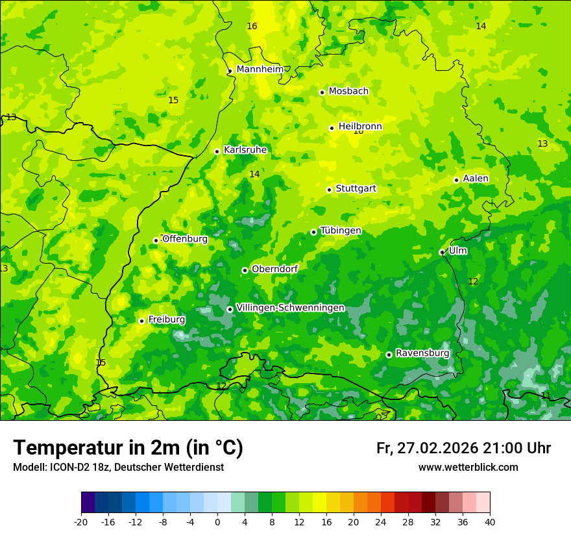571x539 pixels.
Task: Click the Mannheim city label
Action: (x=260, y=69)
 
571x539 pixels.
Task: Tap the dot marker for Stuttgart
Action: (x=329, y=190)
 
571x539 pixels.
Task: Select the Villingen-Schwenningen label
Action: (x=290, y=308)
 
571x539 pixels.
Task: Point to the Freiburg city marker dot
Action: (x=141, y=321)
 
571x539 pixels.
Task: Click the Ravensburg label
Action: (x=422, y=353)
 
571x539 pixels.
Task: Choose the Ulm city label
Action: (x=457, y=251)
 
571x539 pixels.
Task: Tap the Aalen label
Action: (x=476, y=179)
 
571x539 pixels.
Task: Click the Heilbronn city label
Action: (x=360, y=127)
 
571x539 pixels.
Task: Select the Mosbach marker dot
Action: (x=322, y=92)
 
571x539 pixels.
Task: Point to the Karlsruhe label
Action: (x=245, y=150)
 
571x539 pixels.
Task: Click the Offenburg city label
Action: (x=185, y=239)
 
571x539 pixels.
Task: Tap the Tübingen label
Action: (x=341, y=231)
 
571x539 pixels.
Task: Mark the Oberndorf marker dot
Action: (x=245, y=270)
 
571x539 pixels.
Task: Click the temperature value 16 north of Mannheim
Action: (x=252, y=26)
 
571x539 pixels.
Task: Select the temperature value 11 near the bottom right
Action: (x=546, y=395)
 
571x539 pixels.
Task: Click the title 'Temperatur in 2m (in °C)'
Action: (x=128, y=448)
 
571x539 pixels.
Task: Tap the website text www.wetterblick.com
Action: (x=468, y=468)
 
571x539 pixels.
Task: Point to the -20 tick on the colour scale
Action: (x=81, y=522)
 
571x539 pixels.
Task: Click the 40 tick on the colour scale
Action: (x=490, y=522)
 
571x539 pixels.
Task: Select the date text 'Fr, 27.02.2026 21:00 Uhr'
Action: (x=463, y=448)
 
